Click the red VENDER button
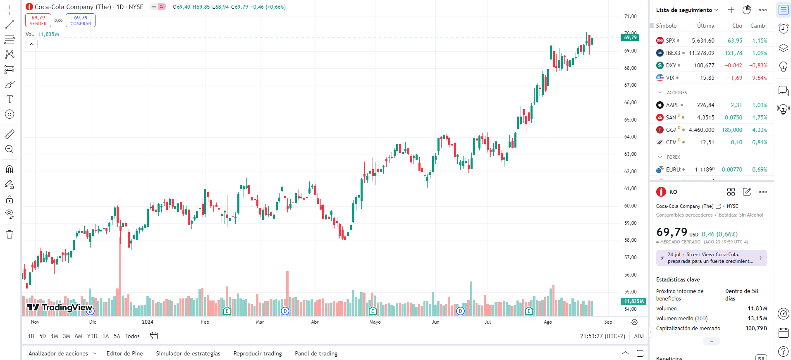click(x=38, y=20)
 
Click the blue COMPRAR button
click(x=81, y=20)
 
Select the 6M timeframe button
click(x=79, y=336)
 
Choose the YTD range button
click(x=92, y=336)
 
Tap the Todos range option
click(x=132, y=336)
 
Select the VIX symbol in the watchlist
click(x=670, y=78)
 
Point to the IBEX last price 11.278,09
click(x=701, y=53)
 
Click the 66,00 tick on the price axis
click(x=630, y=103)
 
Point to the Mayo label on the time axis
click(x=375, y=322)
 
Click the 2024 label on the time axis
click(x=148, y=322)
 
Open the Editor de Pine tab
click(x=124, y=353)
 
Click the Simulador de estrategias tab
click(x=188, y=353)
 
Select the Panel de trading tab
click(x=316, y=353)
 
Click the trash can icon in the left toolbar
click(x=10, y=234)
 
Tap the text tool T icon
click(x=10, y=99)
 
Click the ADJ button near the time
click(x=639, y=336)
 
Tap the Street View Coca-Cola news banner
click(x=711, y=258)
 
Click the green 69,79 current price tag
click(x=630, y=38)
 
